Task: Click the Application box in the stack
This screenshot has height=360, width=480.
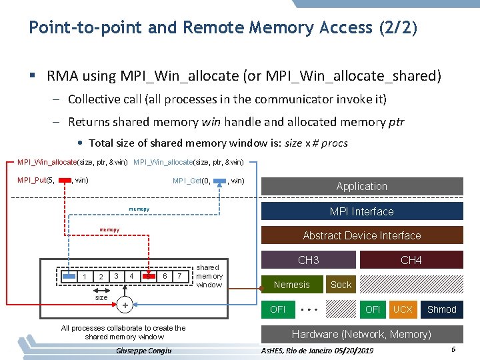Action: click(x=361, y=186)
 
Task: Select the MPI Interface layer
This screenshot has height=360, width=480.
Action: click(x=361, y=211)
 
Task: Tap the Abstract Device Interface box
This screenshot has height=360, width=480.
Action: click(x=361, y=235)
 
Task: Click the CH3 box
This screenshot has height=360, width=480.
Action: click(x=308, y=260)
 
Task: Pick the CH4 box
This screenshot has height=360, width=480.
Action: click(x=411, y=260)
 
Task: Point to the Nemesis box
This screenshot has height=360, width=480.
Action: click(x=291, y=285)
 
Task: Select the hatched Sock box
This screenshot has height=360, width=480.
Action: click(x=341, y=285)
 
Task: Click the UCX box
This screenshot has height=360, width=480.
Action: click(x=403, y=309)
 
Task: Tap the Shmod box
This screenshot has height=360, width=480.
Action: click(x=441, y=309)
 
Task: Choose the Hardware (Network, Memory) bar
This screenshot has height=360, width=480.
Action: click(x=361, y=334)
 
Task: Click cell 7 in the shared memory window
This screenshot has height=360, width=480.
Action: click(x=179, y=276)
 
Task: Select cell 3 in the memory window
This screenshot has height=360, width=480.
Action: click(x=116, y=276)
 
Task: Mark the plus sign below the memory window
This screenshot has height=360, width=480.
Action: click(x=125, y=305)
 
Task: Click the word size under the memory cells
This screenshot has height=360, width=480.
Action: click(x=101, y=299)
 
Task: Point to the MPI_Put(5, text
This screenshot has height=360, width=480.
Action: click(x=36, y=180)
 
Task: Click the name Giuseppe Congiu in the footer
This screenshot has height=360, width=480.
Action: click(x=143, y=351)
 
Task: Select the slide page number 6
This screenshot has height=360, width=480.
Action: click(x=453, y=350)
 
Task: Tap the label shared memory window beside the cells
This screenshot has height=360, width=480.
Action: click(x=209, y=276)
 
